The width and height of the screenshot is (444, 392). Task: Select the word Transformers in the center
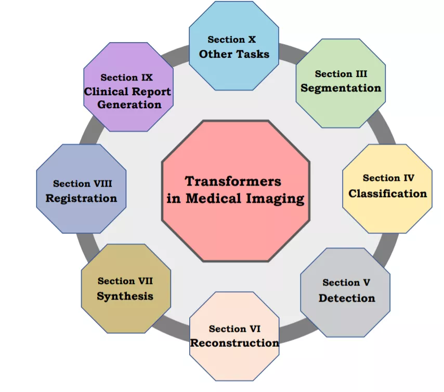coord(233,181)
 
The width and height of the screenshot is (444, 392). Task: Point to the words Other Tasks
coord(234,54)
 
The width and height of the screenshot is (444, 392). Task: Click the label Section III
coord(341,74)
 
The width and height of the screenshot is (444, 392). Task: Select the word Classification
coord(387,193)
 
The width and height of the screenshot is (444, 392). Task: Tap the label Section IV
coord(388,178)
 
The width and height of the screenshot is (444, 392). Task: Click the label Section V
coord(346,282)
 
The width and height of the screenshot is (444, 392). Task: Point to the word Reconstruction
coord(234,343)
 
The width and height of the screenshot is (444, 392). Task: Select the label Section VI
coord(234,329)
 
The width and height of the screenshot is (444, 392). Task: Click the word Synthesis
coord(125,296)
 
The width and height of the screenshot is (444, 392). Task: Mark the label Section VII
coord(125,281)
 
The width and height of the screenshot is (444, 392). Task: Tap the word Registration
coord(81,198)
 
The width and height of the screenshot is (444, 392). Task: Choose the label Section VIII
coord(82,184)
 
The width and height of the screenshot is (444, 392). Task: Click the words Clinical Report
coord(128,92)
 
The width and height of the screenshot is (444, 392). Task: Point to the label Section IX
coord(127,77)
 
